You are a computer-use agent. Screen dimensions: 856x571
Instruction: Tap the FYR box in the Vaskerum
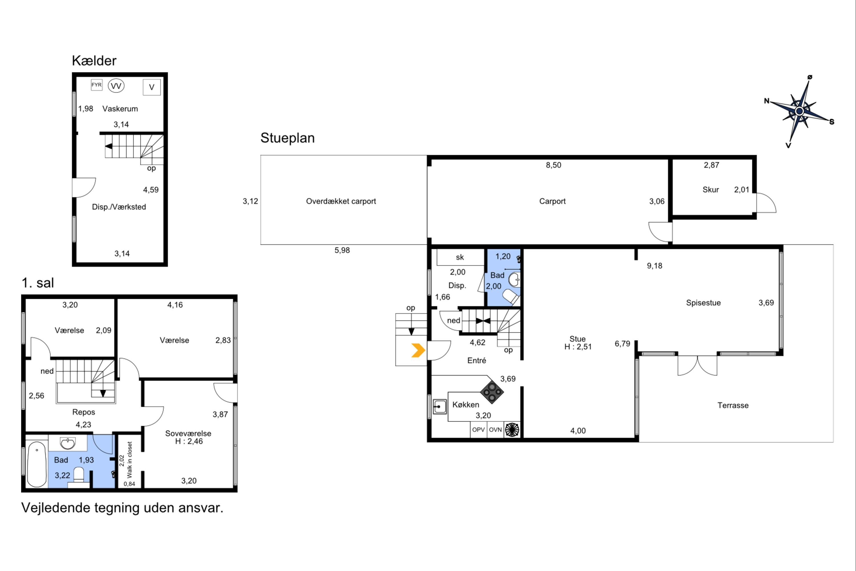click(x=96, y=85)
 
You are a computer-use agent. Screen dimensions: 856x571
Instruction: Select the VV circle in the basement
click(x=116, y=86)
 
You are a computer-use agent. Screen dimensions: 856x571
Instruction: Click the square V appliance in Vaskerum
click(x=152, y=87)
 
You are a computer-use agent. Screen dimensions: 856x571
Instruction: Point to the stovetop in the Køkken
click(x=492, y=392)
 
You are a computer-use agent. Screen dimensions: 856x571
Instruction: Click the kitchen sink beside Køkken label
click(x=440, y=407)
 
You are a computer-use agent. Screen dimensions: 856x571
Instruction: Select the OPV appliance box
click(x=479, y=430)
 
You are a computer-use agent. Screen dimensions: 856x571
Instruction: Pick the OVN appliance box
click(x=495, y=430)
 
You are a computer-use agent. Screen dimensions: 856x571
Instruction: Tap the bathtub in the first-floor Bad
click(x=37, y=464)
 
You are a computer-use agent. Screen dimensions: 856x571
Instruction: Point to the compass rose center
click(x=799, y=111)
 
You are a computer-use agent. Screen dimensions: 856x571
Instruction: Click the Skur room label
click(x=710, y=190)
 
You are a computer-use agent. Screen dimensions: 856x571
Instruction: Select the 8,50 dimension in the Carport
click(x=553, y=165)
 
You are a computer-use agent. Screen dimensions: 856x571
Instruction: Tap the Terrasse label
click(x=733, y=405)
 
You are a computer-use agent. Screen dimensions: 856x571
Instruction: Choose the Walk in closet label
click(x=130, y=460)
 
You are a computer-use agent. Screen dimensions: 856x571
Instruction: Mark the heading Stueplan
click(x=287, y=138)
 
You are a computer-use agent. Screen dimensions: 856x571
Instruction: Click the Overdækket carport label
click(x=341, y=201)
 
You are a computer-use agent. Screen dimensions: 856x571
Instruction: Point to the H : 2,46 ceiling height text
click(x=189, y=441)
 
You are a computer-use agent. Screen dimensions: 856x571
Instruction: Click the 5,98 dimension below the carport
click(x=342, y=250)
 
